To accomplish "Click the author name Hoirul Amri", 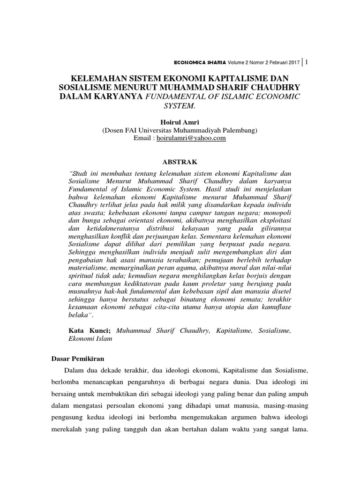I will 180,122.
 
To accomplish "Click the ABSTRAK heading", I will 180,161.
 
